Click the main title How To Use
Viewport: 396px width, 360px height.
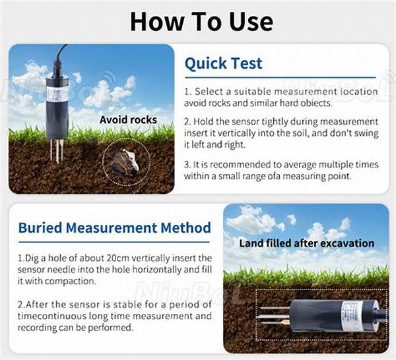point(201,21)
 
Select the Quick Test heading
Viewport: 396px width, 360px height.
point(223,63)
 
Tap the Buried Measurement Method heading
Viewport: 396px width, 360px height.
point(115,228)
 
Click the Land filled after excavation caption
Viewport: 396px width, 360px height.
point(306,243)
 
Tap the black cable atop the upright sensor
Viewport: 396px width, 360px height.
point(60,59)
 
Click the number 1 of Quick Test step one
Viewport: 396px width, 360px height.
point(187,91)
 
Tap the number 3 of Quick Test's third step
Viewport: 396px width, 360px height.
point(187,163)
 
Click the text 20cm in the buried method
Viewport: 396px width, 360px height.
point(113,257)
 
